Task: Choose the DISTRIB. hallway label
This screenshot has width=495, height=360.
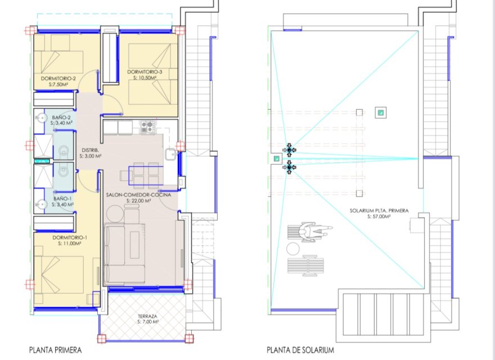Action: pos(91,150)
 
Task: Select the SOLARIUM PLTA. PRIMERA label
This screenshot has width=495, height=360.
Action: pos(378,211)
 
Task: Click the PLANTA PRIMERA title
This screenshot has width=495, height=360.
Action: pos(55,350)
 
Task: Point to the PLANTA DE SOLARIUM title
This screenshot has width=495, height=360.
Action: pos(300,350)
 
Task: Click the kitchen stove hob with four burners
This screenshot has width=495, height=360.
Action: pos(147,127)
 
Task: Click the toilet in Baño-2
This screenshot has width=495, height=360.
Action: pos(41,118)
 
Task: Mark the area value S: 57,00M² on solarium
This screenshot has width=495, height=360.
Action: pos(378,217)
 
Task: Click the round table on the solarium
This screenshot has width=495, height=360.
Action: pos(293,248)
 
